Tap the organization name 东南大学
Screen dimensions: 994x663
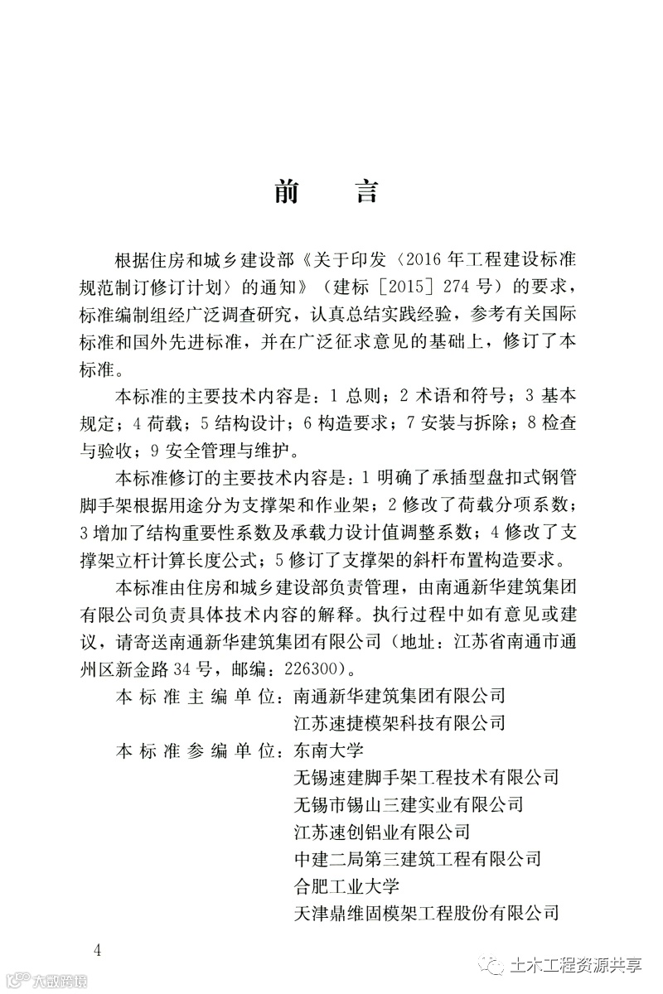point(323,750)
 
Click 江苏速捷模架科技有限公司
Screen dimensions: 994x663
point(399,723)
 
